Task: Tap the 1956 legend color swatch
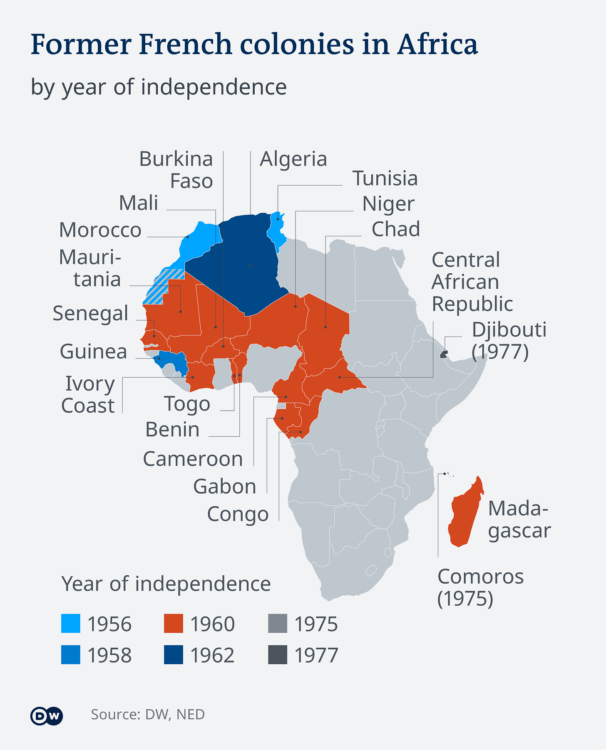click(70, 624)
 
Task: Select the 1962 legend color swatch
click(173, 655)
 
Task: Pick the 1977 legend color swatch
click(277, 655)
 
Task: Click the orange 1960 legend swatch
click(173, 624)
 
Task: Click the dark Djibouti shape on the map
click(444, 354)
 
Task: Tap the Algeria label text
click(293, 159)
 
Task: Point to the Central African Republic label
click(472, 282)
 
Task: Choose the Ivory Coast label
click(88, 395)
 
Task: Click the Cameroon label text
click(193, 459)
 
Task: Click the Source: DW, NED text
click(148, 715)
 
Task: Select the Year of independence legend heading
click(166, 584)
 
